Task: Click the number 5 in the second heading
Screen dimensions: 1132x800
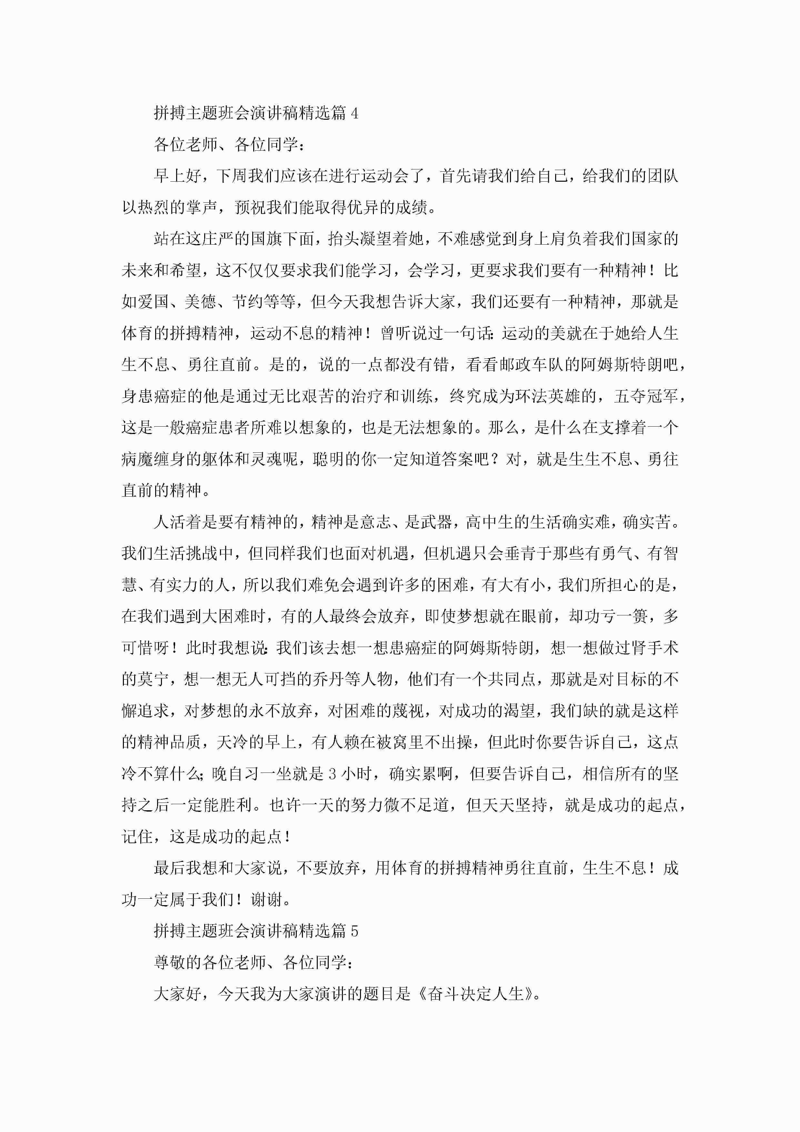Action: [355, 931]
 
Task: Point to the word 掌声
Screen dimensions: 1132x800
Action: [202, 207]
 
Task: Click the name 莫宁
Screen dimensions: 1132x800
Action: [153, 679]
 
